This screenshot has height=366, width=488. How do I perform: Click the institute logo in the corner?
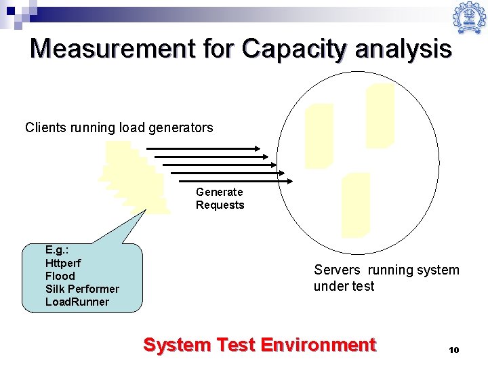[x=469, y=18]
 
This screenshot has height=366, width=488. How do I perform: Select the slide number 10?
[x=453, y=350]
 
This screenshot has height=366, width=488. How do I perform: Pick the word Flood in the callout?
[x=60, y=276]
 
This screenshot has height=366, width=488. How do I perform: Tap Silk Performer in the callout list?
[x=82, y=289]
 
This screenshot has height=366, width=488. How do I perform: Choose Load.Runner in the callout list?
[x=77, y=302]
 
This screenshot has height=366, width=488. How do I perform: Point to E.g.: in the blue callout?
[x=56, y=249]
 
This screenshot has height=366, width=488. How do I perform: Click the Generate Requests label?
[x=220, y=199]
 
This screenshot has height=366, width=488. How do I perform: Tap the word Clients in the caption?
[x=45, y=127]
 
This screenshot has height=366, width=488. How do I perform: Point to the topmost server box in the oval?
[x=380, y=115]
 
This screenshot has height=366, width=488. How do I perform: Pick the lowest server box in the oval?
[x=356, y=204]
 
